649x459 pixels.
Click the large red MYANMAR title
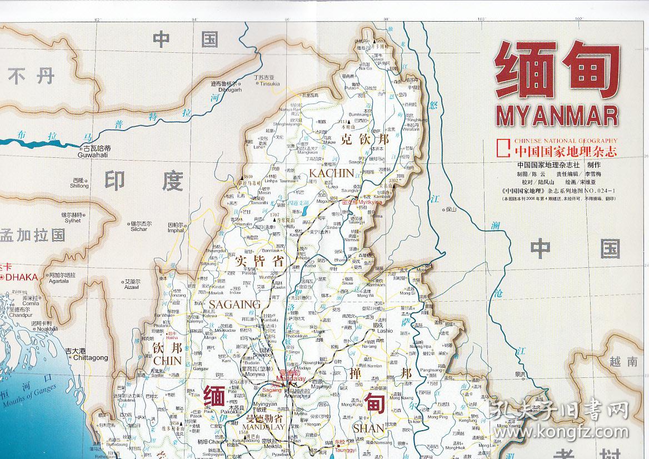point(557,116)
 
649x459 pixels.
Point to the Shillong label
point(79,186)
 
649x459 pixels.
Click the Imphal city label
point(176,230)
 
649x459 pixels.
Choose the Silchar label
point(139,229)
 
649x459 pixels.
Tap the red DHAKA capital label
point(22,277)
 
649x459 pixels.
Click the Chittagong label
point(86,358)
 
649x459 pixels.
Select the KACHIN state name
point(331,173)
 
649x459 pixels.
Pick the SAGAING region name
point(234,304)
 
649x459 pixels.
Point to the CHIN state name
point(167,361)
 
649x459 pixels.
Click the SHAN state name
point(368,428)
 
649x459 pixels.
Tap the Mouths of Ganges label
point(33,399)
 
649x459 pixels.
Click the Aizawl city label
point(132,287)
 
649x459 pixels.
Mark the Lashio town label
point(385,331)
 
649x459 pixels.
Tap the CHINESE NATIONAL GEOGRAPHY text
point(565,141)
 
